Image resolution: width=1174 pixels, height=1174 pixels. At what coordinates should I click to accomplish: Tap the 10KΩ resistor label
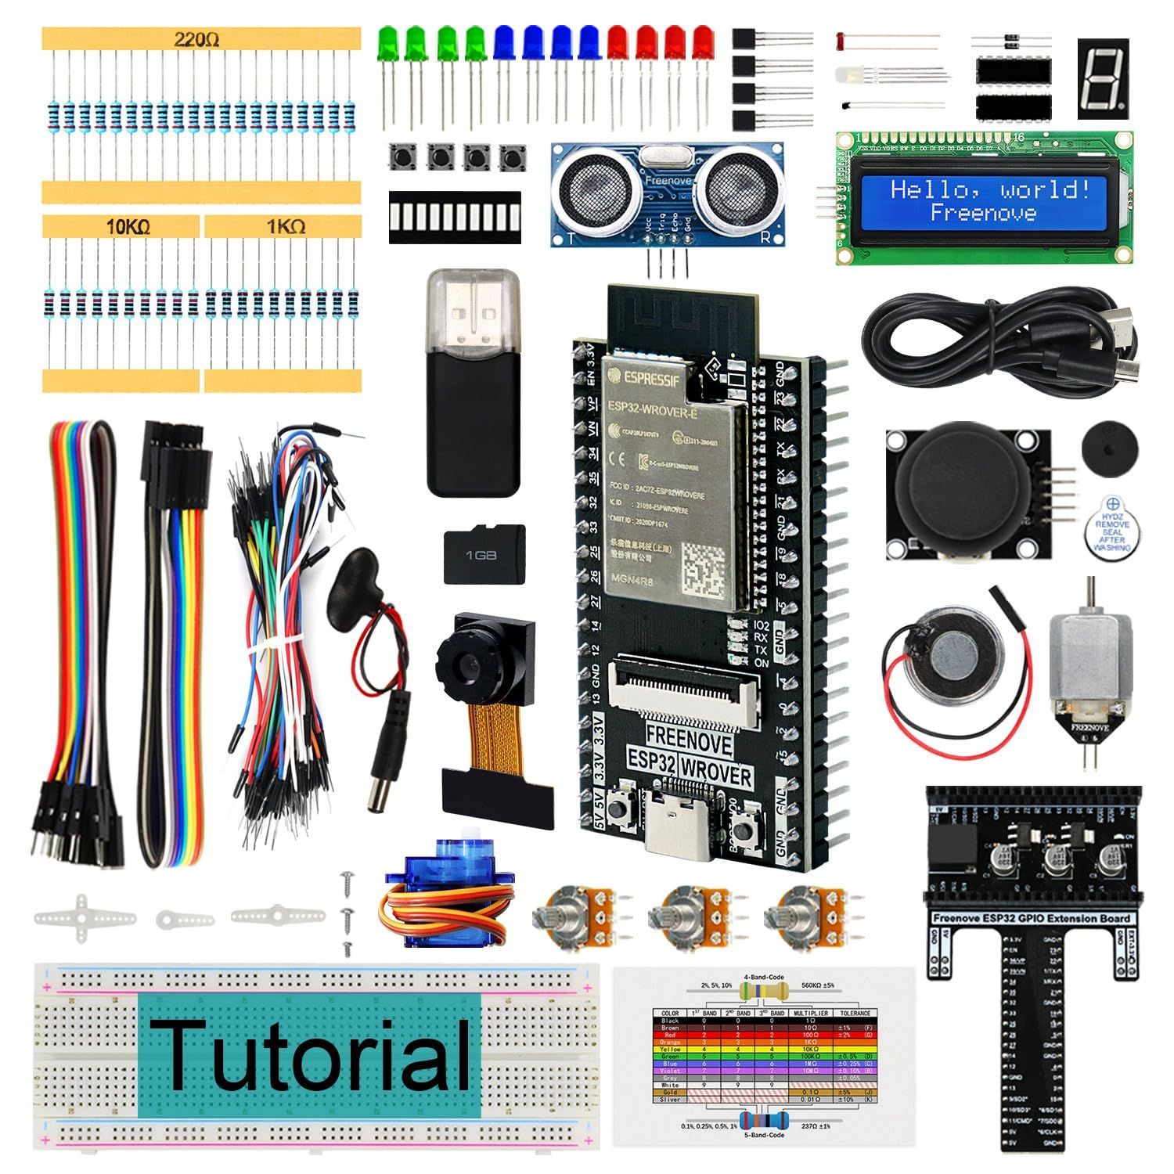(x=128, y=227)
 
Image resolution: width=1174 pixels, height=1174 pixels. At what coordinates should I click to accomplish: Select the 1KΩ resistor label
(x=286, y=227)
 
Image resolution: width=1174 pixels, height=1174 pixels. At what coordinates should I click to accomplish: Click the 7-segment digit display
(x=1103, y=78)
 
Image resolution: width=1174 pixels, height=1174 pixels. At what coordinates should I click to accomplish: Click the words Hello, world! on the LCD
(x=990, y=189)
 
